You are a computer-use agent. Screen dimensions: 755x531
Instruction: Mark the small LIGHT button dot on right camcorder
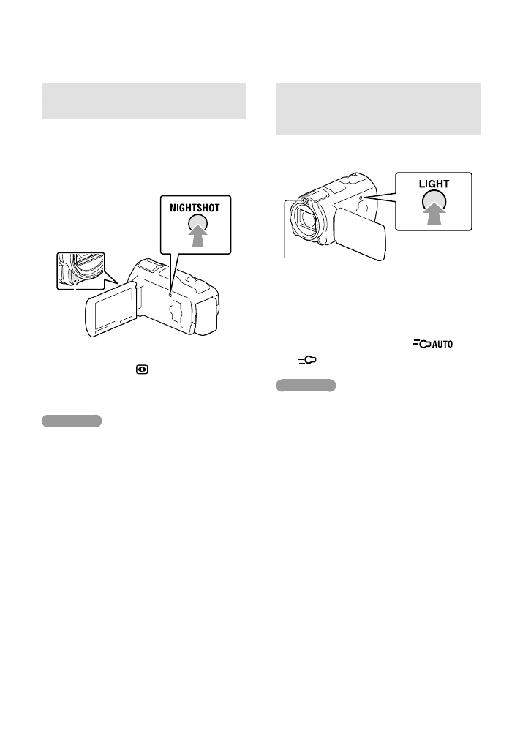click(362, 198)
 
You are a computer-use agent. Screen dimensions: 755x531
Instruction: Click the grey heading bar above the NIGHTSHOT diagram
click(143, 100)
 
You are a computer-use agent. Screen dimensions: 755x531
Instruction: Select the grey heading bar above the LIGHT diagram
click(377, 108)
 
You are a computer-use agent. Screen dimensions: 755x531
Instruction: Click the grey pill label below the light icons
click(306, 385)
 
